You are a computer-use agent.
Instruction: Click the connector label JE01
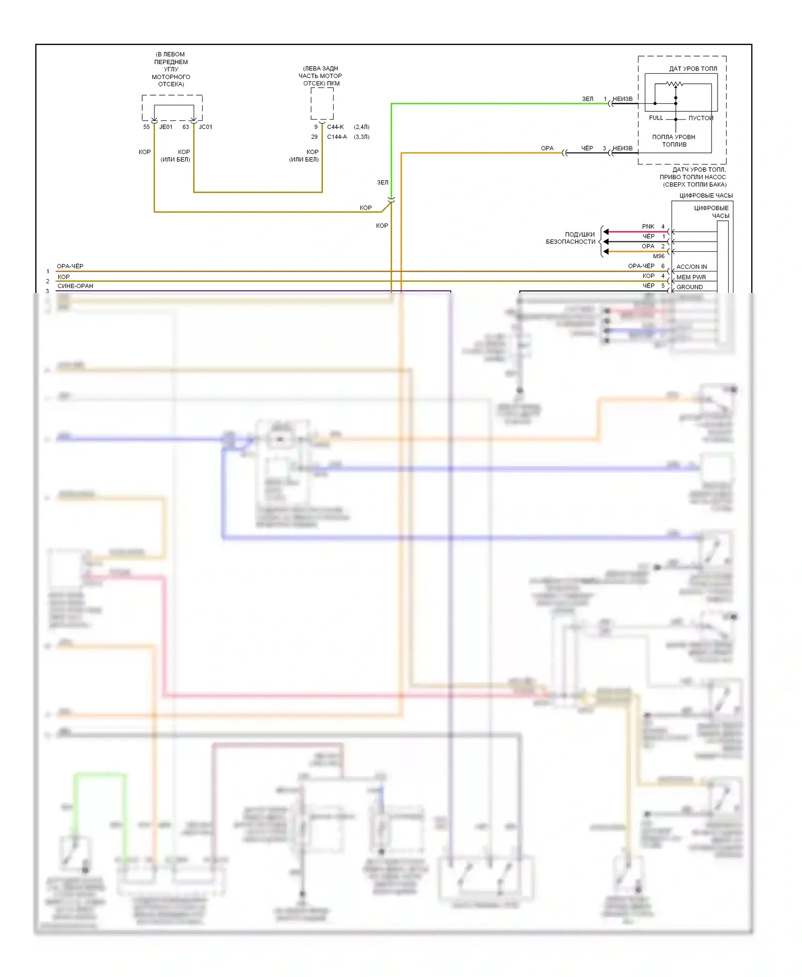click(166, 127)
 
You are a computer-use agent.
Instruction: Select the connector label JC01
click(205, 127)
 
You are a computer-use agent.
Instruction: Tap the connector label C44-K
click(335, 127)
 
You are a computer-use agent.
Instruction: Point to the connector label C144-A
click(337, 137)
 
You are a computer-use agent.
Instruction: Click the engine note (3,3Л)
click(361, 137)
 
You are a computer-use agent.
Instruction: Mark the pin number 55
click(146, 127)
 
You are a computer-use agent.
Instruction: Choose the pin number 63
click(186, 127)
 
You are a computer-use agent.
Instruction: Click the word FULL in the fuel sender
click(656, 118)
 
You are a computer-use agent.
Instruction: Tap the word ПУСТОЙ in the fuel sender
click(700, 118)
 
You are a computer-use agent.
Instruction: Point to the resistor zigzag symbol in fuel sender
click(675, 84)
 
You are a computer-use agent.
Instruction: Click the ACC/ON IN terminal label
click(691, 267)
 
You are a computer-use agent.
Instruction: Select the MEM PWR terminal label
click(691, 277)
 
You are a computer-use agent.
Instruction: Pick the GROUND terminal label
click(689, 287)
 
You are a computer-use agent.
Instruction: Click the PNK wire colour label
click(648, 227)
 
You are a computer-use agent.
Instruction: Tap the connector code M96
click(659, 256)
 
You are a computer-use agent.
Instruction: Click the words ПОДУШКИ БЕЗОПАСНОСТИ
click(570, 238)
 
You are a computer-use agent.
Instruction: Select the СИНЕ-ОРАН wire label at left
click(75, 286)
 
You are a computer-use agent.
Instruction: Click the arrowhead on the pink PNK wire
click(606, 232)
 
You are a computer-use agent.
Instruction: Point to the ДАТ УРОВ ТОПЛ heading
click(693, 68)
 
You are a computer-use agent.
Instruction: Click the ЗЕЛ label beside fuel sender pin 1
click(588, 99)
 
